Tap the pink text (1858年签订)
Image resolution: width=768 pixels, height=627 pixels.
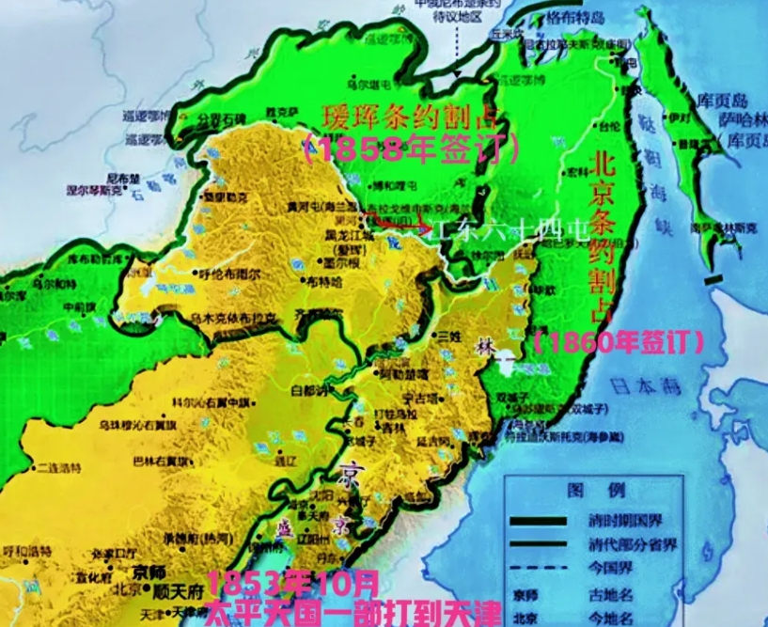click(x=411, y=149)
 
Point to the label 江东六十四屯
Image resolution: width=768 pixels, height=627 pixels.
click(x=507, y=229)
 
